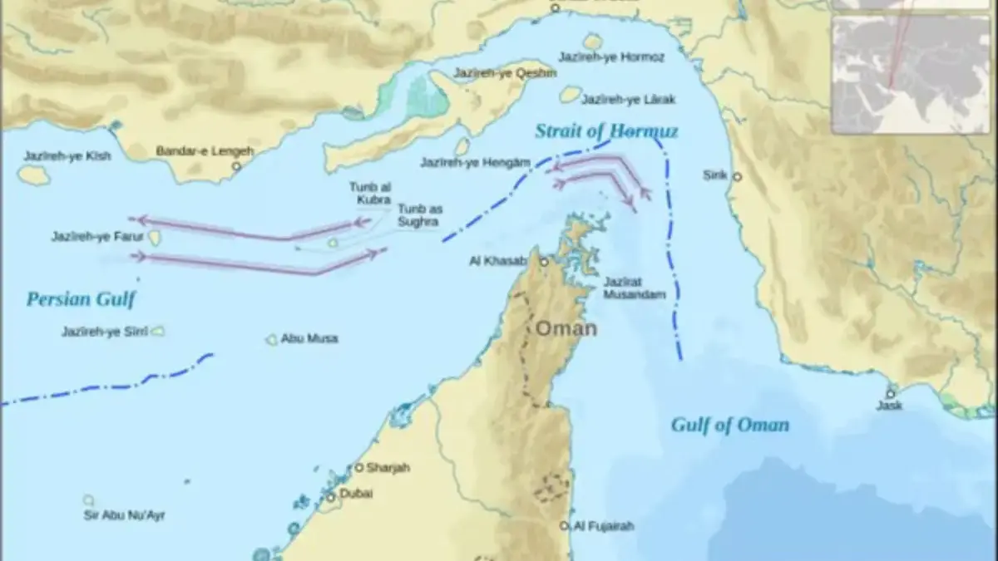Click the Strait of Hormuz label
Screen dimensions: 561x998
pyautogui.click(x=606, y=131)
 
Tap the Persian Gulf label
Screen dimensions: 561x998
pyautogui.click(x=80, y=299)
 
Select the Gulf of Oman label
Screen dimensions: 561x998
pyautogui.click(x=729, y=426)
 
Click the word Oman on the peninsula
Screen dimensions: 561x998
pyautogui.click(x=566, y=328)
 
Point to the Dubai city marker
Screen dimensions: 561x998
pyautogui.click(x=330, y=497)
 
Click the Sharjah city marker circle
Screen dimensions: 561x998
pyautogui.click(x=359, y=468)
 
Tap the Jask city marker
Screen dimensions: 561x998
pyautogui.click(x=890, y=393)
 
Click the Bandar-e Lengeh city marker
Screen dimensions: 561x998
pyautogui.click(x=236, y=166)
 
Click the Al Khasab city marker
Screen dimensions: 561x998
pyautogui.click(x=544, y=261)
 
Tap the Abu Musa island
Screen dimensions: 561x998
pyautogui.click(x=271, y=339)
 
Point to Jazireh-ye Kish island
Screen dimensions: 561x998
pyautogui.click(x=33, y=175)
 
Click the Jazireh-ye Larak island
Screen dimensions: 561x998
pyautogui.click(x=570, y=94)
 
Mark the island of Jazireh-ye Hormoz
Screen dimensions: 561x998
pyautogui.click(x=593, y=41)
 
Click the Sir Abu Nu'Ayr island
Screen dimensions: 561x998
pyautogui.click(x=88, y=500)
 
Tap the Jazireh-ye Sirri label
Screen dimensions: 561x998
pyautogui.click(x=104, y=332)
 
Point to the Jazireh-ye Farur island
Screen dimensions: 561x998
pyautogui.click(x=155, y=238)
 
